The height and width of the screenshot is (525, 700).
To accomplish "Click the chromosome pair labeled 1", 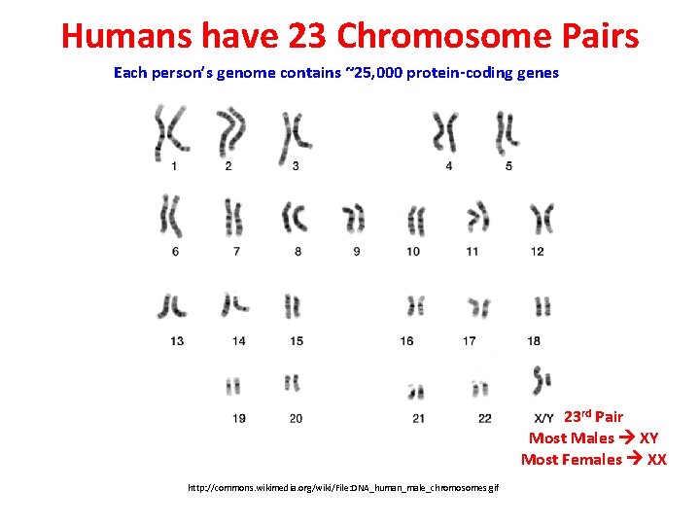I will [170, 132].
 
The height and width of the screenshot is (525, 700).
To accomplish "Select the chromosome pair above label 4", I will [446, 132].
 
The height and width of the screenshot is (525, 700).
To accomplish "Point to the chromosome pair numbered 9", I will [354, 220].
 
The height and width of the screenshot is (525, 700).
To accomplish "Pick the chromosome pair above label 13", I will [175, 305].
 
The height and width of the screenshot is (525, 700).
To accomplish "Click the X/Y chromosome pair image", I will [542, 381].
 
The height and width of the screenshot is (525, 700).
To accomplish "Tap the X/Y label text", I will [544, 418].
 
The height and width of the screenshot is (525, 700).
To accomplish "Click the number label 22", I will [485, 418].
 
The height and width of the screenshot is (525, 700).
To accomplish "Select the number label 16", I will [406, 341].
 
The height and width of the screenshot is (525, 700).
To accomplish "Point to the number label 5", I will [509, 166].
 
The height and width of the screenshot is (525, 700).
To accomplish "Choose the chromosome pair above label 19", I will [233, 386].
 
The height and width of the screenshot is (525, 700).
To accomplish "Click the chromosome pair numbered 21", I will [417, 391].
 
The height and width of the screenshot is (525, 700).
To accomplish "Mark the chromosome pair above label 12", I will [542, 219].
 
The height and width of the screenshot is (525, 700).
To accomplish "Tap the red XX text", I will [657, 460].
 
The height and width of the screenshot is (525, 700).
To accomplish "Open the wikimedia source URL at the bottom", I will [343, 487].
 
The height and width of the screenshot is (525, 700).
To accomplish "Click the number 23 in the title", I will [309, 36].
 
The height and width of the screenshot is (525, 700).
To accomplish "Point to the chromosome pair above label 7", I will [233, 218].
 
